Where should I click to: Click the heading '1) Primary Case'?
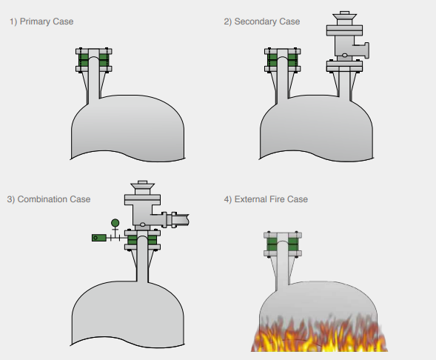(41, 21)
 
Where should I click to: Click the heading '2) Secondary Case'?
(262, 21)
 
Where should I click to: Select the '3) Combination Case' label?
(49, 199)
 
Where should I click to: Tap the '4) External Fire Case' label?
(266, 199)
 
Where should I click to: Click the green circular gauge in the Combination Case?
(115, 223)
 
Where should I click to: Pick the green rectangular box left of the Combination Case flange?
(99, 238)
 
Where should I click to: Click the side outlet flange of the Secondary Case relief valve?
(366, 50)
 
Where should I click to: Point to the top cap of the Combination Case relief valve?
(142, 185)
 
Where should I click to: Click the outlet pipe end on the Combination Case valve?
(181, 220)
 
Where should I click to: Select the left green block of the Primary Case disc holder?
(84, 60)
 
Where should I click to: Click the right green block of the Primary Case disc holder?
(104, 60)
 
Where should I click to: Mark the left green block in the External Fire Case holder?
(272, 244)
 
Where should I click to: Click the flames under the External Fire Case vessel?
(319, 334)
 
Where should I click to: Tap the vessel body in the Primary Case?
(128, 128)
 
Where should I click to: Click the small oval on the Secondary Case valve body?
(344, 55)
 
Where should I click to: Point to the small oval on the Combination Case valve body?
(142, 224)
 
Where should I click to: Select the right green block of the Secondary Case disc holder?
(293, 60)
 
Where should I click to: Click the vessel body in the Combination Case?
(128, 314)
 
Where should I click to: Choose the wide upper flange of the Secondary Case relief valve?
(344, 30)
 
